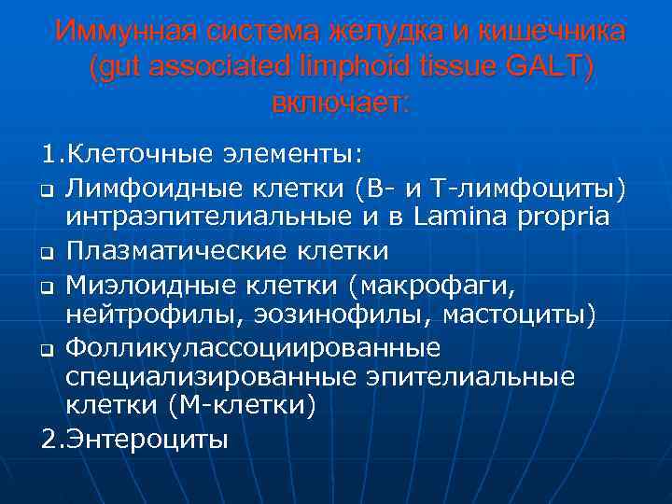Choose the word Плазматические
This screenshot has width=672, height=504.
coord(177,251)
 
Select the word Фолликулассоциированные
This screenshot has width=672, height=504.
coord(253,347)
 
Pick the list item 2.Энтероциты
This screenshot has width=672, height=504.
coord(134,439)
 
